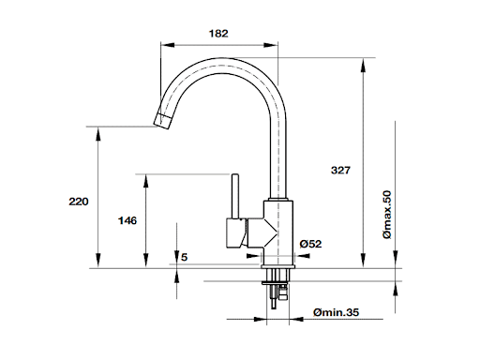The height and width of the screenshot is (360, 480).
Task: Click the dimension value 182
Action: click(218, 34)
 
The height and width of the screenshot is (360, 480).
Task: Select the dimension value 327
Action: click(340, 171)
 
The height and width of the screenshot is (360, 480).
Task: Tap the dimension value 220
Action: click(79, 202)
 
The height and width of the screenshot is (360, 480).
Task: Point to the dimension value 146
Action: click(127, 220)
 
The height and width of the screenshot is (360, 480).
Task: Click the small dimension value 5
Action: click(185, 257)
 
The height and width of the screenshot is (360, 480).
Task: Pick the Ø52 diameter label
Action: click(310, 244)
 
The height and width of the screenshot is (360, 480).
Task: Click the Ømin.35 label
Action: click(336, 312)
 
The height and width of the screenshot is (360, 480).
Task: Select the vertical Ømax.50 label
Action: click(387, 215)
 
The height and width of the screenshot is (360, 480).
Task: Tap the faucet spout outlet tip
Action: click(162, 122)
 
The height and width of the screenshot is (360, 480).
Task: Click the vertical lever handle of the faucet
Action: click(235, 196)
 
